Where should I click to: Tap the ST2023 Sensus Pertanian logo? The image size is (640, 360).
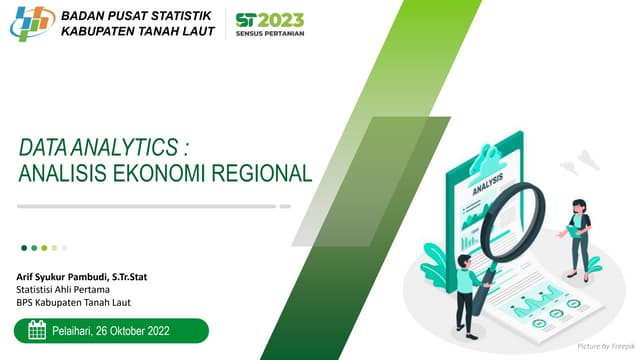point(270,24)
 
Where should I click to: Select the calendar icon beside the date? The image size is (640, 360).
point(37,331)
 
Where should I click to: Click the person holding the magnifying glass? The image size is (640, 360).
point(465,289)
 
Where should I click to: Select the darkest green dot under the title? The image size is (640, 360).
point(24,247)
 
